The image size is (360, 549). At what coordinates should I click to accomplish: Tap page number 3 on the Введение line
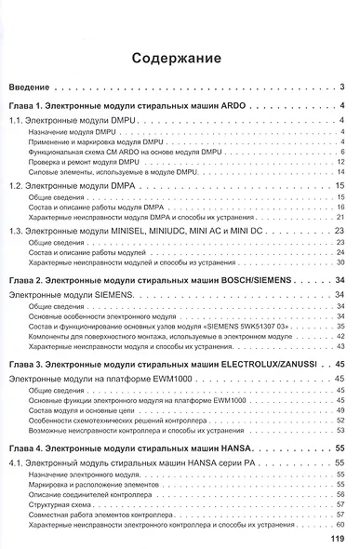(343, 88)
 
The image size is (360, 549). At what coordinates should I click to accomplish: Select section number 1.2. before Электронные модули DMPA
(18, 187)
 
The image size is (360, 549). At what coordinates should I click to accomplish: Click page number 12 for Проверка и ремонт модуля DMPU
(340, 162)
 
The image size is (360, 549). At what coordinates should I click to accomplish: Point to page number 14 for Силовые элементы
(340, 173)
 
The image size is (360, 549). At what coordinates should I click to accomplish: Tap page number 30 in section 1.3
(340, 264)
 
